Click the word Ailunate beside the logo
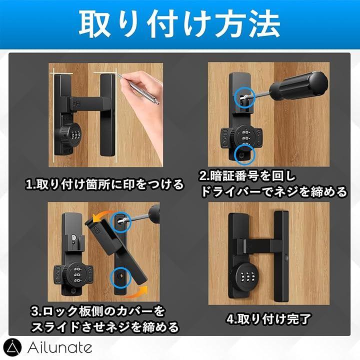coord(60,348)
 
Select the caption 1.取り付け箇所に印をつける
coord(104,184)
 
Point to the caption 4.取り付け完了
coord(268,319)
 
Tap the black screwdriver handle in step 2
coord(298,85)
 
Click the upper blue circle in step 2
coord(244,97)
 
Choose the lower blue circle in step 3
coord(120,277)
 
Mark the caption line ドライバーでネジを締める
coord(273,191)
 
